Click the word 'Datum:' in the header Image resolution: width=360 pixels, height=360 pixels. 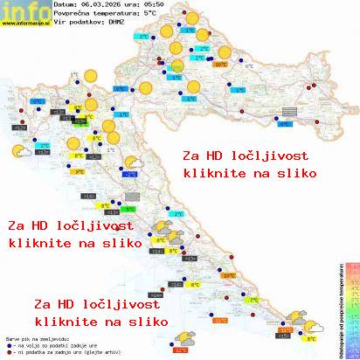point(66,5)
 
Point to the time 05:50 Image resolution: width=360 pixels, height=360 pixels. point(159,5)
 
